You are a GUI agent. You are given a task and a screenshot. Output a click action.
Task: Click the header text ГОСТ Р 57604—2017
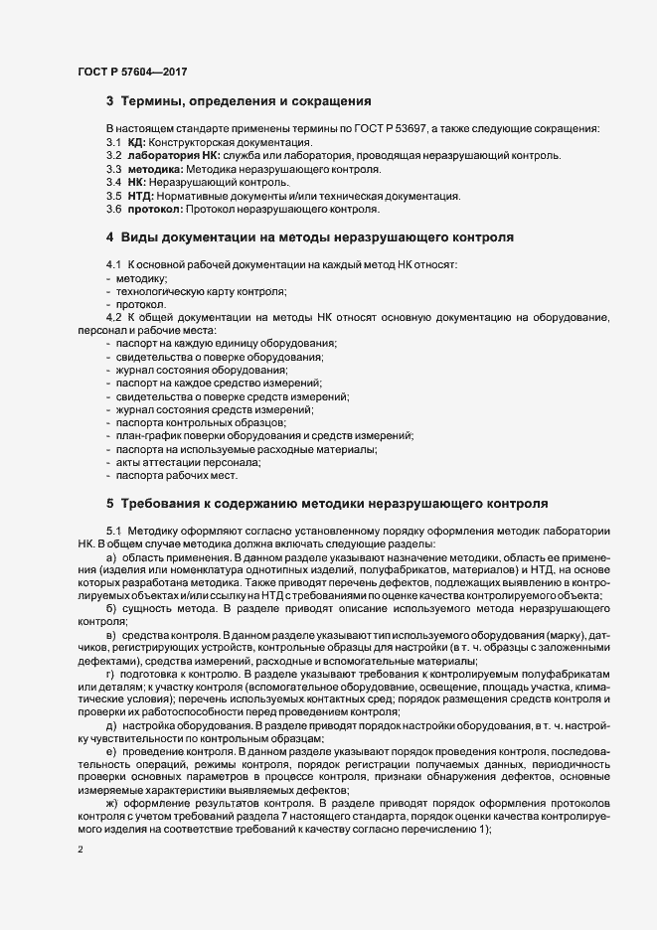tap(129, 71)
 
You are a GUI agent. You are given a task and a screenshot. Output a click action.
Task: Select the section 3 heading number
tap(110, 101)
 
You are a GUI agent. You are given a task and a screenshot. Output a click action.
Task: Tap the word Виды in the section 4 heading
tap(142, 237)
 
